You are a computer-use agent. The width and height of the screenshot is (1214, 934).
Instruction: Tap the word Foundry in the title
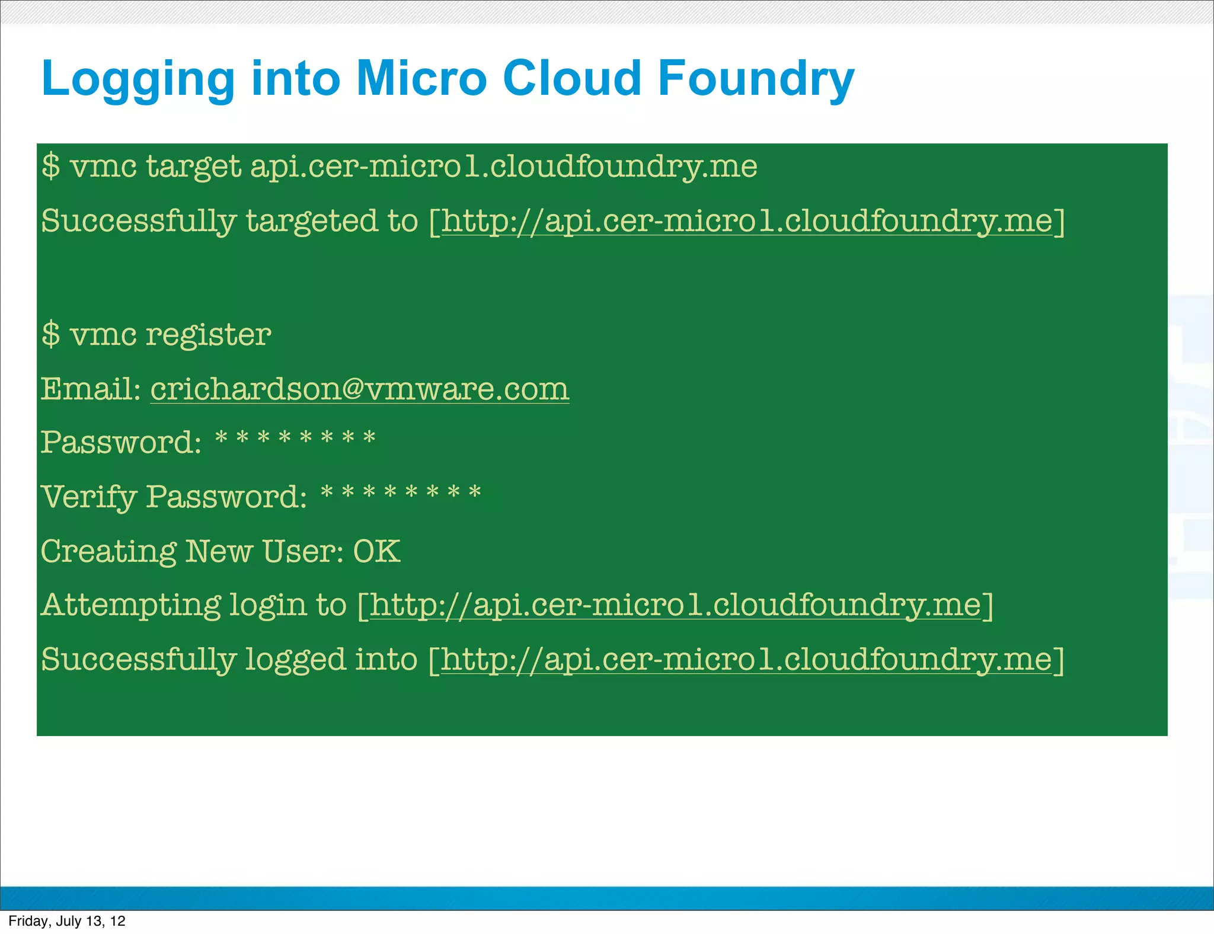pos(756,79)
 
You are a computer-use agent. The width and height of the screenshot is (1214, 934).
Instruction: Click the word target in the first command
pos(193,167)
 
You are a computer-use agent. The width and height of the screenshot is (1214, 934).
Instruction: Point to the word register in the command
pos(208,335)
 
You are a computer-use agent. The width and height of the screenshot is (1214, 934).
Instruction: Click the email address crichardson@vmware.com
pos(359,389)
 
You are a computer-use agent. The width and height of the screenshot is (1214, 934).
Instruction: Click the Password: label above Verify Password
pos(121,443)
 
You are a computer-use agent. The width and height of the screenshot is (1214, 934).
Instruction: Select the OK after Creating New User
pos(376,551)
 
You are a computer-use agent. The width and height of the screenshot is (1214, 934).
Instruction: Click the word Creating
pos(108,552)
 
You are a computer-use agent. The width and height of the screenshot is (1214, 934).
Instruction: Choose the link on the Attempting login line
pos(675,606)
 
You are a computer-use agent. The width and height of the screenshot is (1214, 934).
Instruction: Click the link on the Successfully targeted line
pos(746,222)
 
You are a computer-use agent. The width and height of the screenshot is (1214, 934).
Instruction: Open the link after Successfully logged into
pos(746,660)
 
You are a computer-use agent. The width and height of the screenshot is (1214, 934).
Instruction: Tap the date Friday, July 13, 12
pos(67,921)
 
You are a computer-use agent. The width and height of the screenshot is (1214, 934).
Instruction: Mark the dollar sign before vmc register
pos(51,334)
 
